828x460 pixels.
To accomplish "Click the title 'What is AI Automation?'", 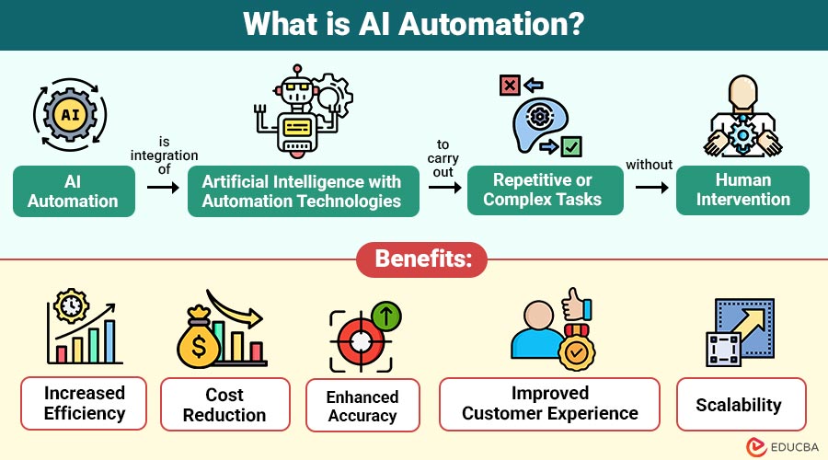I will tap(413, 25).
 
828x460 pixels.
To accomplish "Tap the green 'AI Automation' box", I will tap(74, 190).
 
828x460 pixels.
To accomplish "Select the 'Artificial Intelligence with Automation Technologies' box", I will tap(301, 190).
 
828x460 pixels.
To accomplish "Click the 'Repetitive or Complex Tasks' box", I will tap(542, 190).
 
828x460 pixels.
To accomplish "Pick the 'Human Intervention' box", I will tap(742, 190).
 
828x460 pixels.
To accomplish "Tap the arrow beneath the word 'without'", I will tap(650, 188).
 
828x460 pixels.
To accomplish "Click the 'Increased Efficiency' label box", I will tap(84, 403).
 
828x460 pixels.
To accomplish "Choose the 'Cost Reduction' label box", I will tap(224, 404).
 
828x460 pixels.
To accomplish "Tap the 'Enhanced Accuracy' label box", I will tap(362, 407).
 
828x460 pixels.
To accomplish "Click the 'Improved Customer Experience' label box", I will tap(549, 403).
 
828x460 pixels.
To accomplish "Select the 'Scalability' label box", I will tap(740, 404).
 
